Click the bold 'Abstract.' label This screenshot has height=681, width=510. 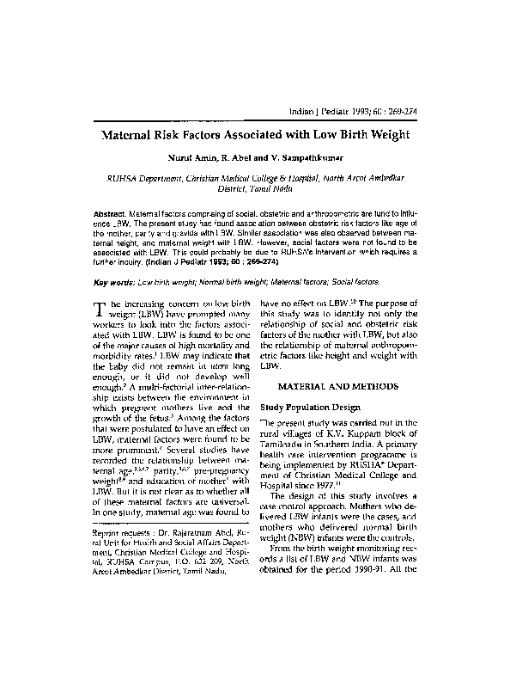[111, 212]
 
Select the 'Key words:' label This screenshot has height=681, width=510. [115, 281]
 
